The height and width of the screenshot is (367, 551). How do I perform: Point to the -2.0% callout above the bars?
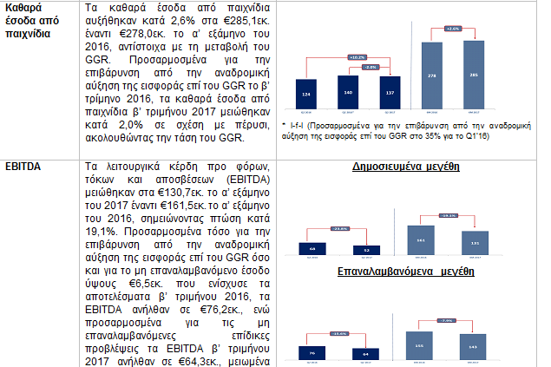coord(370,66)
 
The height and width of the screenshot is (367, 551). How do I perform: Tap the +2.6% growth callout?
coord(452,29)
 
